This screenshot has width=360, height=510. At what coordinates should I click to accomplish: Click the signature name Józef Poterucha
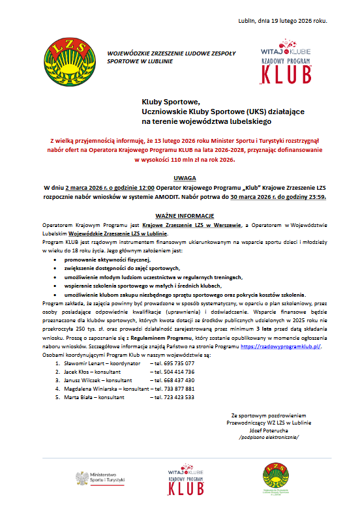[x=268, y=431]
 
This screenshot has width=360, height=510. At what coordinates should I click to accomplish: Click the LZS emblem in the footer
[x=273, y=477]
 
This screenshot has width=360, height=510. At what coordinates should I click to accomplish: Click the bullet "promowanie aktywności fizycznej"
[x=104, y=260]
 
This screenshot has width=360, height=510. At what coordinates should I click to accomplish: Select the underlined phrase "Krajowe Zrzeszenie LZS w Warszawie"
[x=185, y=224]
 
